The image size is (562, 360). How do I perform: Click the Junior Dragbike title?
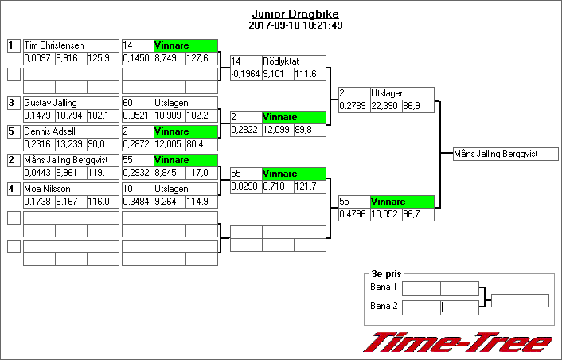(295, 14)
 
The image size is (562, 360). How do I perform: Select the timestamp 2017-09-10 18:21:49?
(295, 25)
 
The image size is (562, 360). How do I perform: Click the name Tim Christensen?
(54, 45)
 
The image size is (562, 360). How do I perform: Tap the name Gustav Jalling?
(50, 103)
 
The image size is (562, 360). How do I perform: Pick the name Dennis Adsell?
(50, 131)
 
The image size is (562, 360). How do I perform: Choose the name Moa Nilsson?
(47, 189)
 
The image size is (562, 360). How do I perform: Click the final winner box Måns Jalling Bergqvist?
(505, 154)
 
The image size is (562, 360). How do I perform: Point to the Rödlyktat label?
(281, 61)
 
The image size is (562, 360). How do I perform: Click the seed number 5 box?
(14, 131)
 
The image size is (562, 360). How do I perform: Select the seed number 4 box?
(14, 189)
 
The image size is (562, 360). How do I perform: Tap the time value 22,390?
(384, 106)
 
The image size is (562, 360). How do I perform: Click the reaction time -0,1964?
(245, 74)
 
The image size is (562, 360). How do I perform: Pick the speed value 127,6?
(197, 58)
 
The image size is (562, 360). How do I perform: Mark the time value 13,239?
(69, 144)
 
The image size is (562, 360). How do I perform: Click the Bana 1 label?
(384, 287)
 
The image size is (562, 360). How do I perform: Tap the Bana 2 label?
(384, 306)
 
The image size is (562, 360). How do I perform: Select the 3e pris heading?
(386, 274)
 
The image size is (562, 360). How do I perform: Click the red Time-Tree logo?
(458, 342)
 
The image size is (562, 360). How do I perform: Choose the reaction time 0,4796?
(353, 214)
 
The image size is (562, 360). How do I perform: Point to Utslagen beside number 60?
(171, 103)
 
